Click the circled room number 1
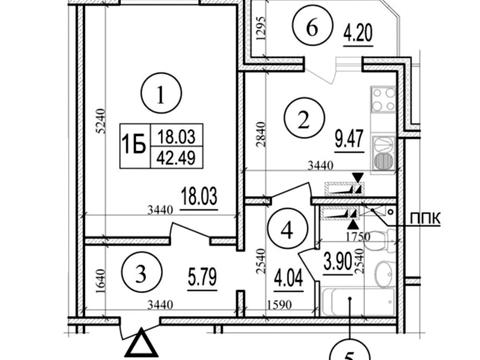(x=161, y=93)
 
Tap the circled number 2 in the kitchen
(x=304, y=120)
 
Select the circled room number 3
(x=141, y=275)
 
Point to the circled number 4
(x=287, y=230)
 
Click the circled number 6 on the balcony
(x=313, y=28)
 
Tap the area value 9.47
(x=349, y=139)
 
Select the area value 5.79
(x=202, y=278)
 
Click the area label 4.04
(x=288, y=278)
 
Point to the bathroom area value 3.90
(x=338, y=262)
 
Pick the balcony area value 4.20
(x=358, y=33)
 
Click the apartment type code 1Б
(x=134, y=145)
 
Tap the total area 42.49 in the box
(x=176, y=157)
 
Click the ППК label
(x=425, y=220)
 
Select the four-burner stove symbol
(x=384, y=99)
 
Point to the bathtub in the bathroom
(x=357, y=302)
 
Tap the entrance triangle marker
(x=143, y=343)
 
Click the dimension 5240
(x=101, y=121)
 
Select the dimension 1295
(x=261, y=28)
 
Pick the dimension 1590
(x=279, y=305)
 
